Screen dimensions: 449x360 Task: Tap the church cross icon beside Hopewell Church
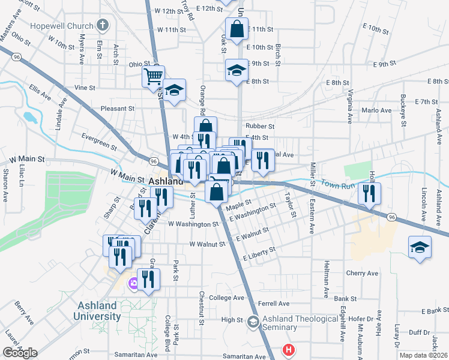coord(103,26)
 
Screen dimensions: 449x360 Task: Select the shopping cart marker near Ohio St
coord(153,76)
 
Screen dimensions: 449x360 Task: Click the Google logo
coord(20,352)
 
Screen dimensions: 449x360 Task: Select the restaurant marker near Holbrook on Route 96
coord(369,193)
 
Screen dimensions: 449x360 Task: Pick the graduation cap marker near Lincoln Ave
coord(420,246)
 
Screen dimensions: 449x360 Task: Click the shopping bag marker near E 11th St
coord(237,28)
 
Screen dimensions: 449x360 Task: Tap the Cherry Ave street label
coord(362,273)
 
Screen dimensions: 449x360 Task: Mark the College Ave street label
coord(226,298)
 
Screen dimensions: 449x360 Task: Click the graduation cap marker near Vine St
coord(174,91)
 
